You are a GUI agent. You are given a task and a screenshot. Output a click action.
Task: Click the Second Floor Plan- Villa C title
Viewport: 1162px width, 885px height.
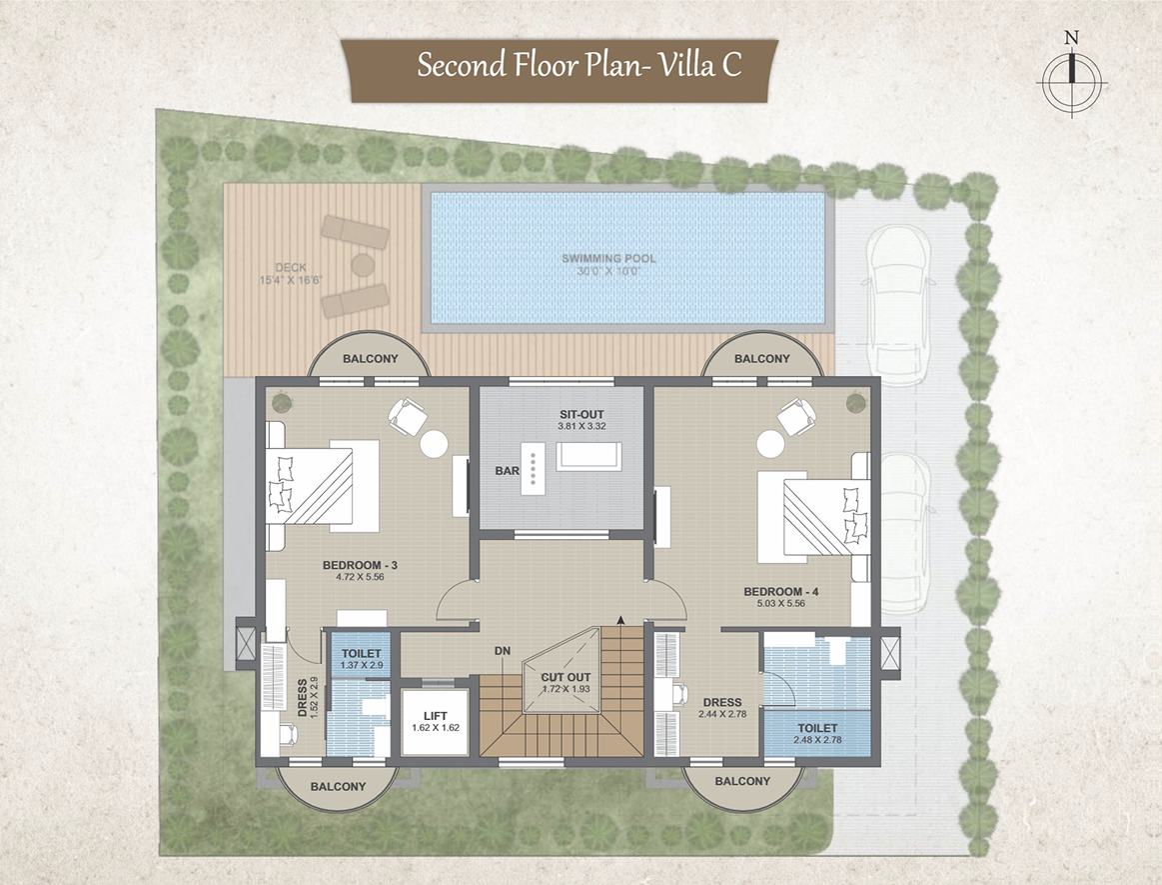[579, 65]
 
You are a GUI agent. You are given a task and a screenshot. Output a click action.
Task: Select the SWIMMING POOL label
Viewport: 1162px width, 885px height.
[608, 259]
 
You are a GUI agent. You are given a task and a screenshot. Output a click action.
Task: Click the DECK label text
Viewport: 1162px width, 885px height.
[291, 268]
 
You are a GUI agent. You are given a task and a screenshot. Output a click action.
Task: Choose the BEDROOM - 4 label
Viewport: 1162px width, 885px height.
[781, 592]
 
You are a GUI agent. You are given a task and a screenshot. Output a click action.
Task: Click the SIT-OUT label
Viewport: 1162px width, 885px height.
[581, 415]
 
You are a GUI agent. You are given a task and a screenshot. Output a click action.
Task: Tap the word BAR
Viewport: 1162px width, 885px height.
[507, 471]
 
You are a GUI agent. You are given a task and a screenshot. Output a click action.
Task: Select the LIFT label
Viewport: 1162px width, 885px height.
[436, 716]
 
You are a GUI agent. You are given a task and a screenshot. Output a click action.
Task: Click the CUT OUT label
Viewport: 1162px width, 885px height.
[566, 677]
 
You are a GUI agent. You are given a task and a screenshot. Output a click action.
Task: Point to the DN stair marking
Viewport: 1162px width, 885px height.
[503, 651]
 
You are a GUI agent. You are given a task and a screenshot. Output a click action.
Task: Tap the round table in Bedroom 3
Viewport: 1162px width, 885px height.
[434, 444]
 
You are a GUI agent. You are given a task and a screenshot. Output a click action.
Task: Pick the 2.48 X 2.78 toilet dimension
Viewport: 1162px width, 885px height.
[817, 740]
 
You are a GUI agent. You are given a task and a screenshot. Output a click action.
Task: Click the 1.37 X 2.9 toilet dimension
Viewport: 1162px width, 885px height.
[362, 665]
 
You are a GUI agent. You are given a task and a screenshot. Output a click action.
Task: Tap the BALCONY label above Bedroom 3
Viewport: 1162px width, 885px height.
[371, 359]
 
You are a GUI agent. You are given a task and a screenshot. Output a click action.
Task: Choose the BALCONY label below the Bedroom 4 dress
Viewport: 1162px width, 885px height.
[742, 781]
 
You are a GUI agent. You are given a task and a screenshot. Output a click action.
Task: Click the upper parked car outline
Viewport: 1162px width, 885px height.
[898, 304]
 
